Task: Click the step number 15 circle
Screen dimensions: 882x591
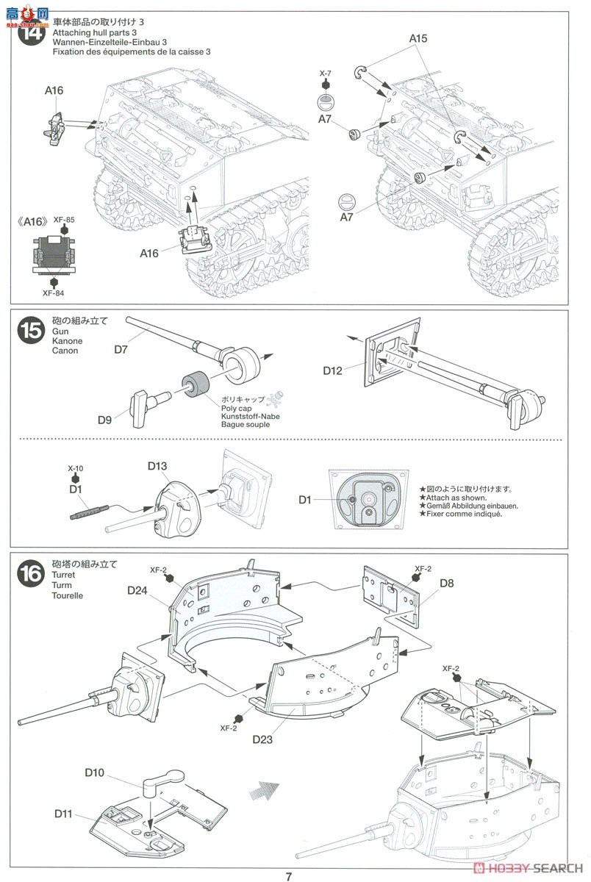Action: pos(30,331)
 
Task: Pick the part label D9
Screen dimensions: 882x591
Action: pos(106,420)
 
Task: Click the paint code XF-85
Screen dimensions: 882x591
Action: pos(65,220)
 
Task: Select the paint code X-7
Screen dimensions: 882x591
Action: pos(326,74)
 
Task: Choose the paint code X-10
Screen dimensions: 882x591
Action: pos(74,467)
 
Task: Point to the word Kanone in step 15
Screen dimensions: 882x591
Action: pos(68,341)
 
